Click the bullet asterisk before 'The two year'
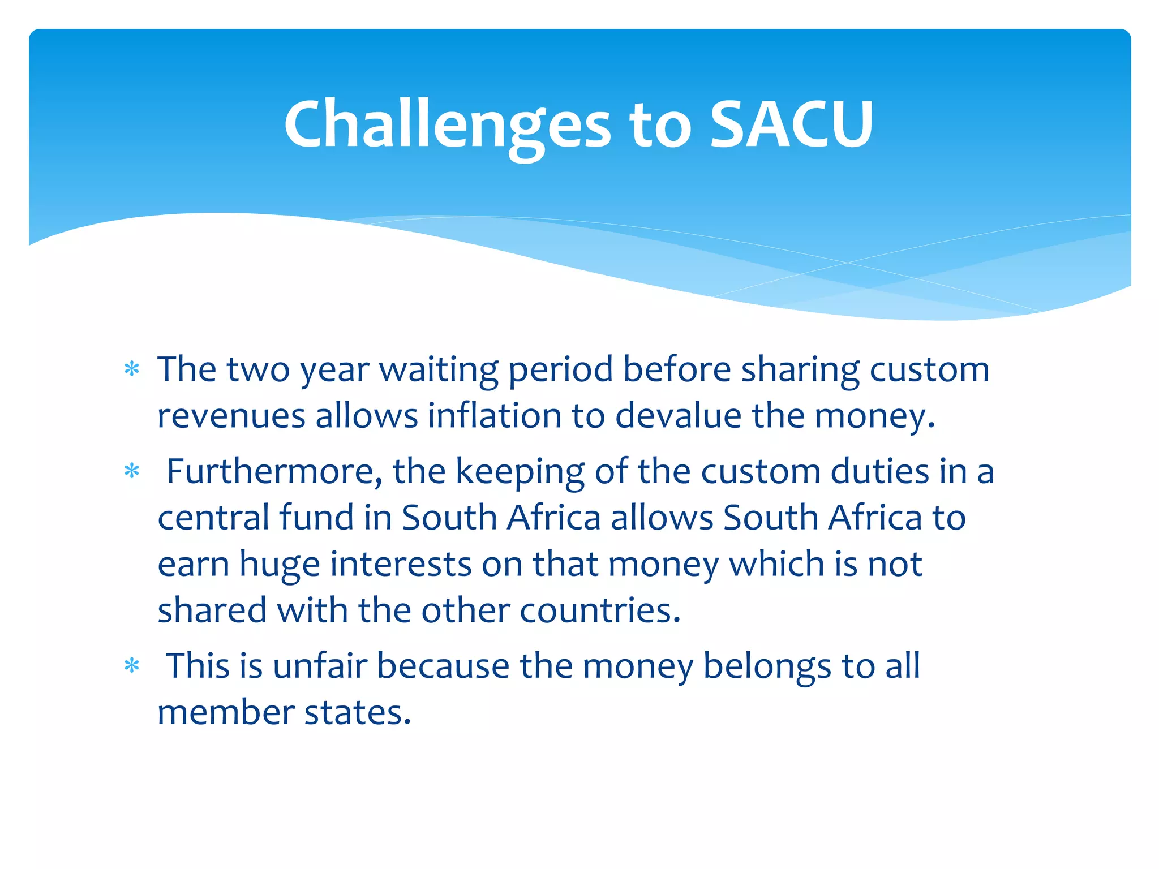click(132, 369)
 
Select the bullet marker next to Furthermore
click(132, 471)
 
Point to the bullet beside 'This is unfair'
click(132, 665)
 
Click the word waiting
click(438, 371)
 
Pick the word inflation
click(494, 416)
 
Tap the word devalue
click(678, 416)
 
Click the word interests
click(401, 564)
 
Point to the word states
click(358, 712)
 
